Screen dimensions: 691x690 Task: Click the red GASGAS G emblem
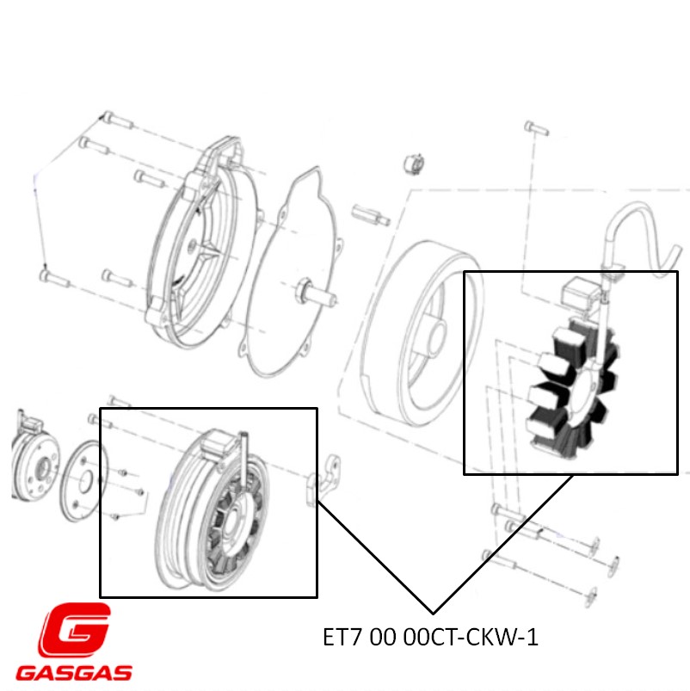click(x=75, y=631)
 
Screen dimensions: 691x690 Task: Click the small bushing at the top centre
click(x=416, y=163)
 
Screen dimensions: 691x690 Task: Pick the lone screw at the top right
click(x=533, y=126)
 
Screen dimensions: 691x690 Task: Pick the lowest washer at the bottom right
click(x=593, y=594)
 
